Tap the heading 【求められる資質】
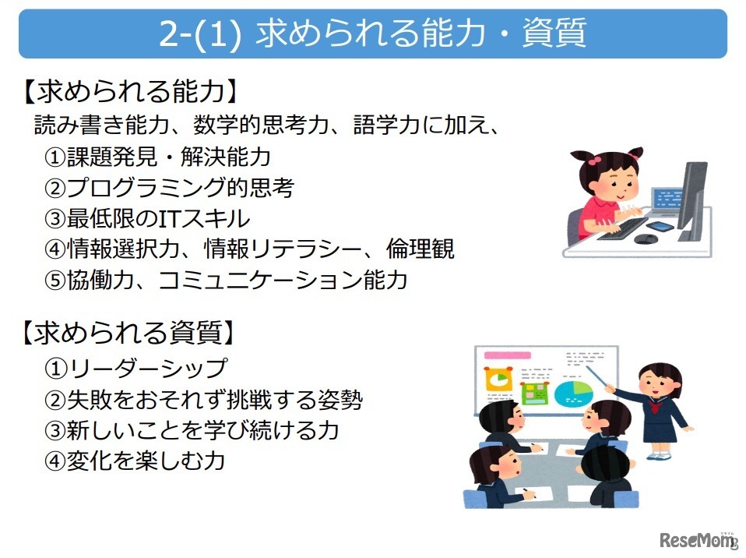128,334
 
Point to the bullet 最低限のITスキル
147,218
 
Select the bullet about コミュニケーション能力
226,281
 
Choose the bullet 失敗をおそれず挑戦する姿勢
203,400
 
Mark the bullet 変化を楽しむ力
136,461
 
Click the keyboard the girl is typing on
622,227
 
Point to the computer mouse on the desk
645,239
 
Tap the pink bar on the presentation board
506,357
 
